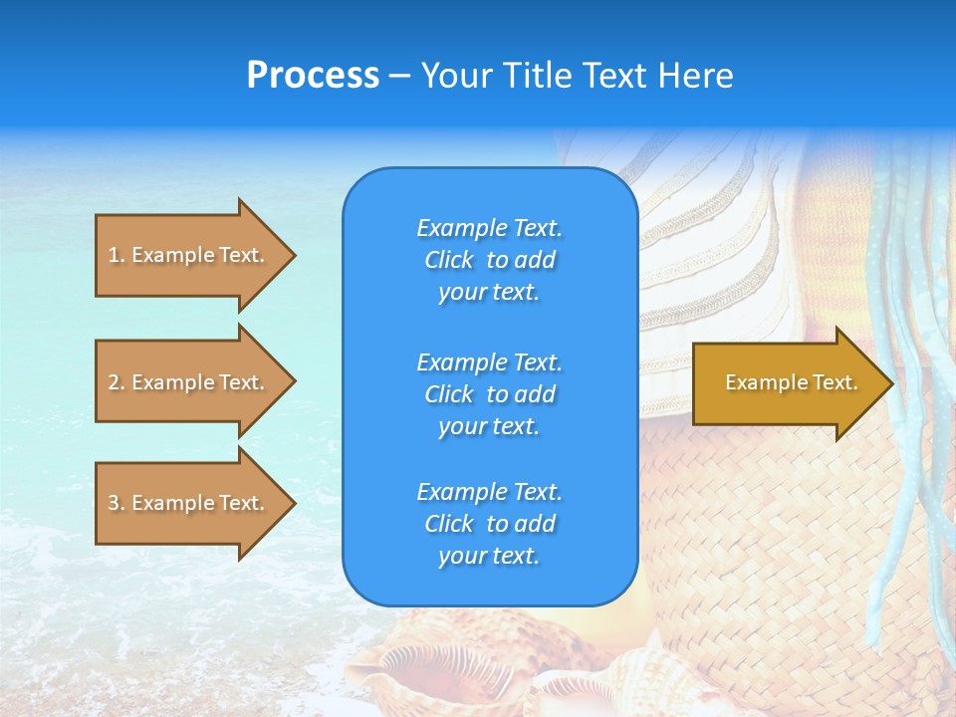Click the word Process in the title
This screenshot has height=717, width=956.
(313, 76)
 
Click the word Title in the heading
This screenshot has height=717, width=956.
(539, 76)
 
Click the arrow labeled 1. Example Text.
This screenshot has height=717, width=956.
(186, 255)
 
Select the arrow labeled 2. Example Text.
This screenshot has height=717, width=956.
(186, 382)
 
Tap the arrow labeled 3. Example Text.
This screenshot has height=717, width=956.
(186, 503)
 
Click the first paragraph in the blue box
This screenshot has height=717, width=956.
(489, 260)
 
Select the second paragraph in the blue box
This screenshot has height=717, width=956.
(489, 394)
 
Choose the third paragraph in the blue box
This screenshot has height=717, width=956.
(489, 524)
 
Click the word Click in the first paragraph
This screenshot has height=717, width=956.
(449, 260)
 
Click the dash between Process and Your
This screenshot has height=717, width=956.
(400, 76)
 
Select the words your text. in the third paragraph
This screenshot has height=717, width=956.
(489, 556)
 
